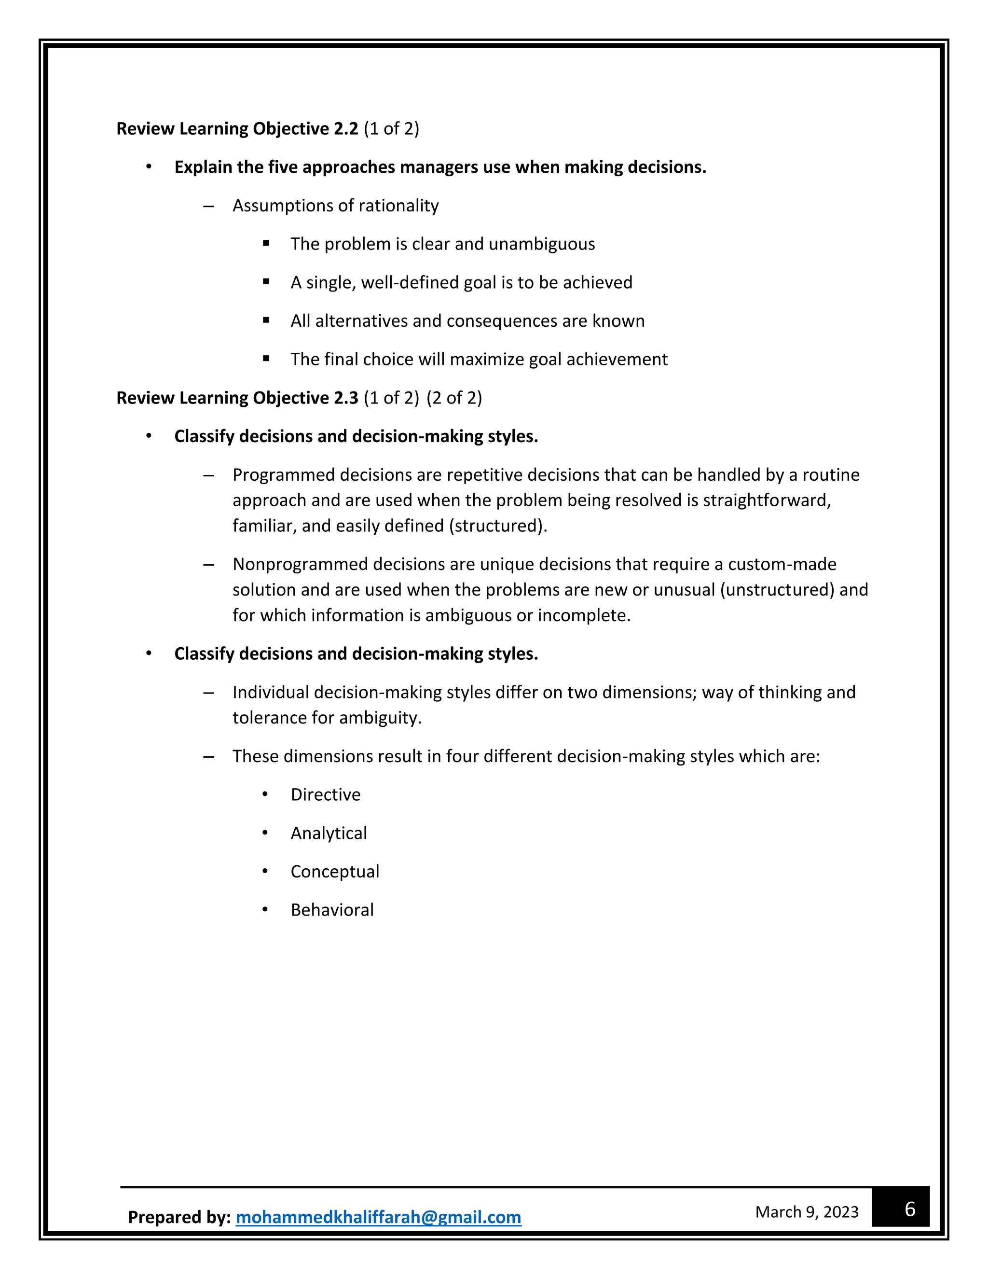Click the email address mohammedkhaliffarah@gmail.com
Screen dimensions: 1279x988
coord(378,1217)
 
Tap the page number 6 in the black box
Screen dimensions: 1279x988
coord(909,1209)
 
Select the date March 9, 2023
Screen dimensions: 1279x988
coord(807,1211)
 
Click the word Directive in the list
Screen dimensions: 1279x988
coord(326,795)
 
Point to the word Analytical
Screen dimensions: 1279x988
coord(329,833)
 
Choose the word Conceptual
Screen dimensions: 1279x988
coord(335,871)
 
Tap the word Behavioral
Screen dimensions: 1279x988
coord(332,909)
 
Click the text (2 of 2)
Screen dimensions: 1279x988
coord(454,398)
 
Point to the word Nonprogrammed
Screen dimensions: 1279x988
coord(300,564)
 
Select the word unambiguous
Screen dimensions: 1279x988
coord(541,244)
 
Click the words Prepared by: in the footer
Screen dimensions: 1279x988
coord(179,1217)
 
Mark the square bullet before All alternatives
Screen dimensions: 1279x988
coord(266,320)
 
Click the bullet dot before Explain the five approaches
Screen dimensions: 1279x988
coord(149,167)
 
